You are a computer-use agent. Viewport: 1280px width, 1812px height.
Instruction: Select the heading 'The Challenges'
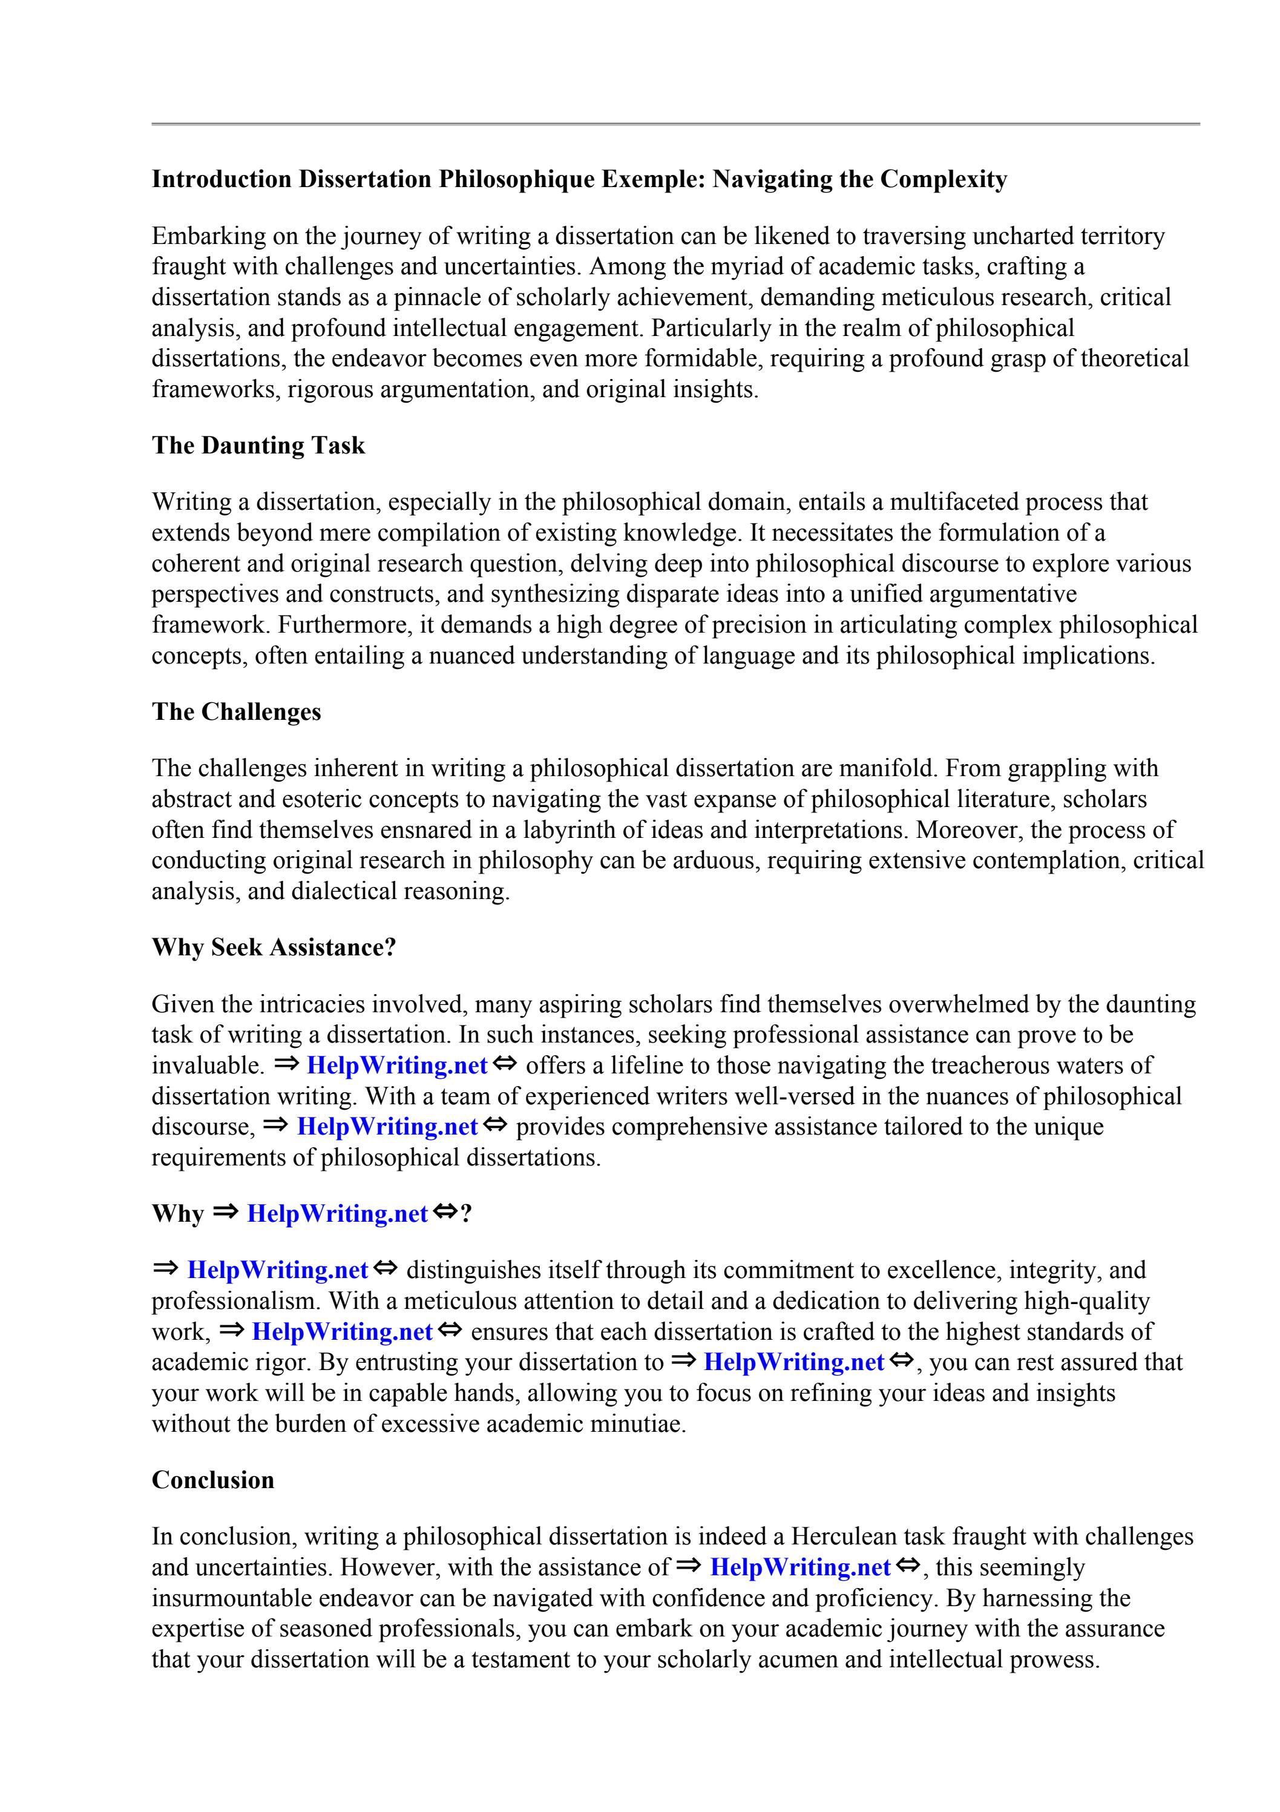pos(236,712)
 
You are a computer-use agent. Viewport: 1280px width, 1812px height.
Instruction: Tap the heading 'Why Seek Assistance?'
pos(273,947)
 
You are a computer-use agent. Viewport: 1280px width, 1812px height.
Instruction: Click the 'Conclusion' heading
pos(212,1480)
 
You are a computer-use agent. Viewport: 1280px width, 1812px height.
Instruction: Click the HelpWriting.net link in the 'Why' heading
pos(337,1214)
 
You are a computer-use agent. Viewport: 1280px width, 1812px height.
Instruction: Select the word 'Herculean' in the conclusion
pos(842,1537)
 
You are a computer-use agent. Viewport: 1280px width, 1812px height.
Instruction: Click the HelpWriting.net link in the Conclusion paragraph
pos(799,1567)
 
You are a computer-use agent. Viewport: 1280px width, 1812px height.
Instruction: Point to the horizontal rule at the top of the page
pos(675,124)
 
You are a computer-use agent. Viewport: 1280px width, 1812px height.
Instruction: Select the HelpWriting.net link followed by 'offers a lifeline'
pos(396,1066)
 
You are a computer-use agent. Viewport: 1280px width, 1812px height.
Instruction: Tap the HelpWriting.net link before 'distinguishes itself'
pos(277,1271)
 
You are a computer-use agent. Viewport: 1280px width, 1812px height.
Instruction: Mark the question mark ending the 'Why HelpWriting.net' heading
pos(465,1214)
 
